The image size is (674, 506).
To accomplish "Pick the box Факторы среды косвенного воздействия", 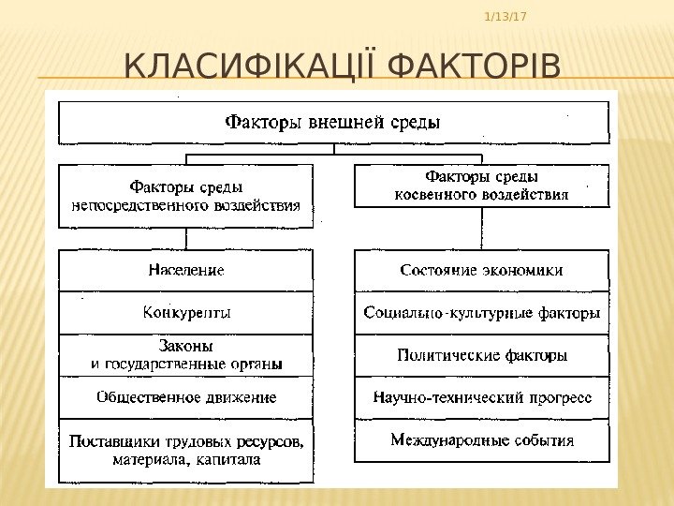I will (x=481, y=186).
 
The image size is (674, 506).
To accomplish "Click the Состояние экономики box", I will (x=481, y=271).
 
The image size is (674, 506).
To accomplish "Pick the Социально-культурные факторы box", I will (x=481, y=313).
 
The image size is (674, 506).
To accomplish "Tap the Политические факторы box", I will (x=481, y=356).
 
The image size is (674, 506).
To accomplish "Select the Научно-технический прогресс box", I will (x=481, y=398).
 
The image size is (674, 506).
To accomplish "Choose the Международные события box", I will (x=481, y=439).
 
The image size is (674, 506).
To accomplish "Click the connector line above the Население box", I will (x=186, y=239).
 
